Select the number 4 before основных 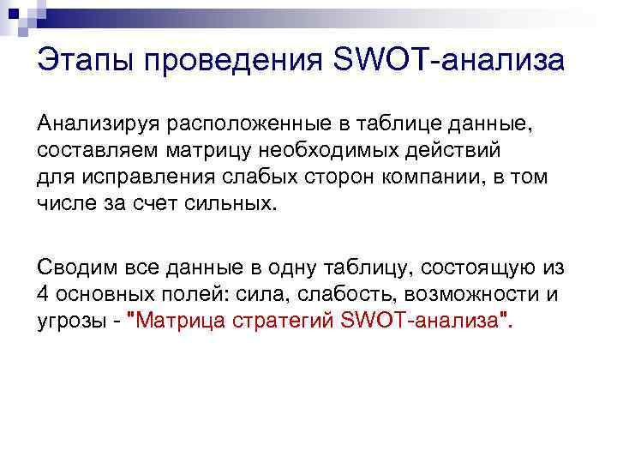[x=43, y=294]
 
